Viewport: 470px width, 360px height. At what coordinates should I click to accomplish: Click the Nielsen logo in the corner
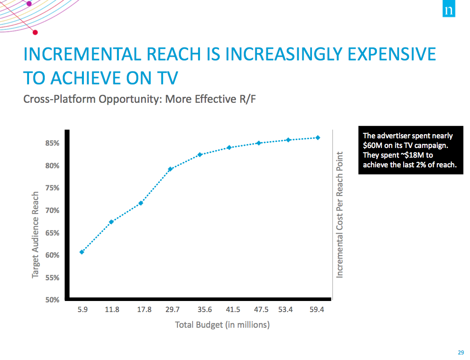point(449,9)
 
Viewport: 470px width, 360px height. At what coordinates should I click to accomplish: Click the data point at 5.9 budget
point(82,252)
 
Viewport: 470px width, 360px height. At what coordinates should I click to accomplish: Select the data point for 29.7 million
point(170,169)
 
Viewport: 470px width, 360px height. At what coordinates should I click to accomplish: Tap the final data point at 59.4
point(318,137)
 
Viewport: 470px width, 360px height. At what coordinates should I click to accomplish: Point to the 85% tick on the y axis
point(52,143)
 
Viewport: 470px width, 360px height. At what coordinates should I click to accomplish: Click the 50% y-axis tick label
point(52,300)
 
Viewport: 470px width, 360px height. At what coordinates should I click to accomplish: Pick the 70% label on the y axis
point(52,211)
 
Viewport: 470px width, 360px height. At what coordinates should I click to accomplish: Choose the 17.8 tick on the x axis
point(144,310)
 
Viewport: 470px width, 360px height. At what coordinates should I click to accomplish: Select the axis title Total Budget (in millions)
point(222,325)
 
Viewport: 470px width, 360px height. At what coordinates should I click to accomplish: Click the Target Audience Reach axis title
point(35,235)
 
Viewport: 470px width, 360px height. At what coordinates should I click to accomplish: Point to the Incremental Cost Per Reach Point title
point(340,214)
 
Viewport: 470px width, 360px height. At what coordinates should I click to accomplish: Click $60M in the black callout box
point(372,146)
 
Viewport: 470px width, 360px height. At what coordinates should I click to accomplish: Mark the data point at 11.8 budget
point(111,222)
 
